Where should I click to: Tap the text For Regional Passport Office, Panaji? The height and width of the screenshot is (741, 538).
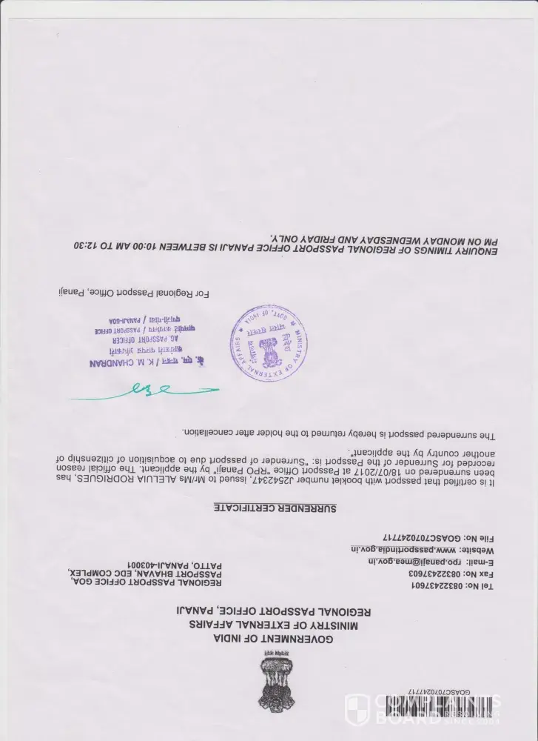pos(133,293)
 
